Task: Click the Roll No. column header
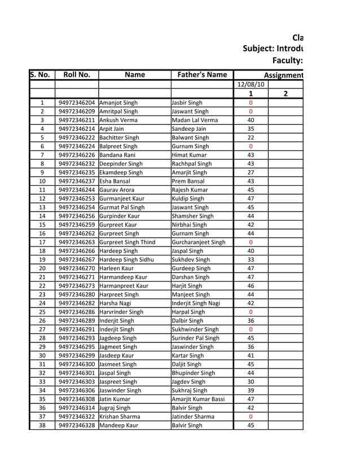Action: [77, 74]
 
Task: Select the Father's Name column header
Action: [202, 74]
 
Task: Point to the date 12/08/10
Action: [251, 85]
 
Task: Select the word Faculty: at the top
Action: [287, 60]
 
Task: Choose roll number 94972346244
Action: [77, 190]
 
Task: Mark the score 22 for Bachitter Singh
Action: [251, 138]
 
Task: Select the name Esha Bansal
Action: [117, 181]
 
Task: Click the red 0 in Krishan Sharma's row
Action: [251, 416]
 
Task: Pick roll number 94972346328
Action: [77, 425]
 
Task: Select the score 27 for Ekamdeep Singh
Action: [251, 173]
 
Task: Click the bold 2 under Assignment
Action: [286, 94]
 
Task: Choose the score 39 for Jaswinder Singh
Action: [251, 390]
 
